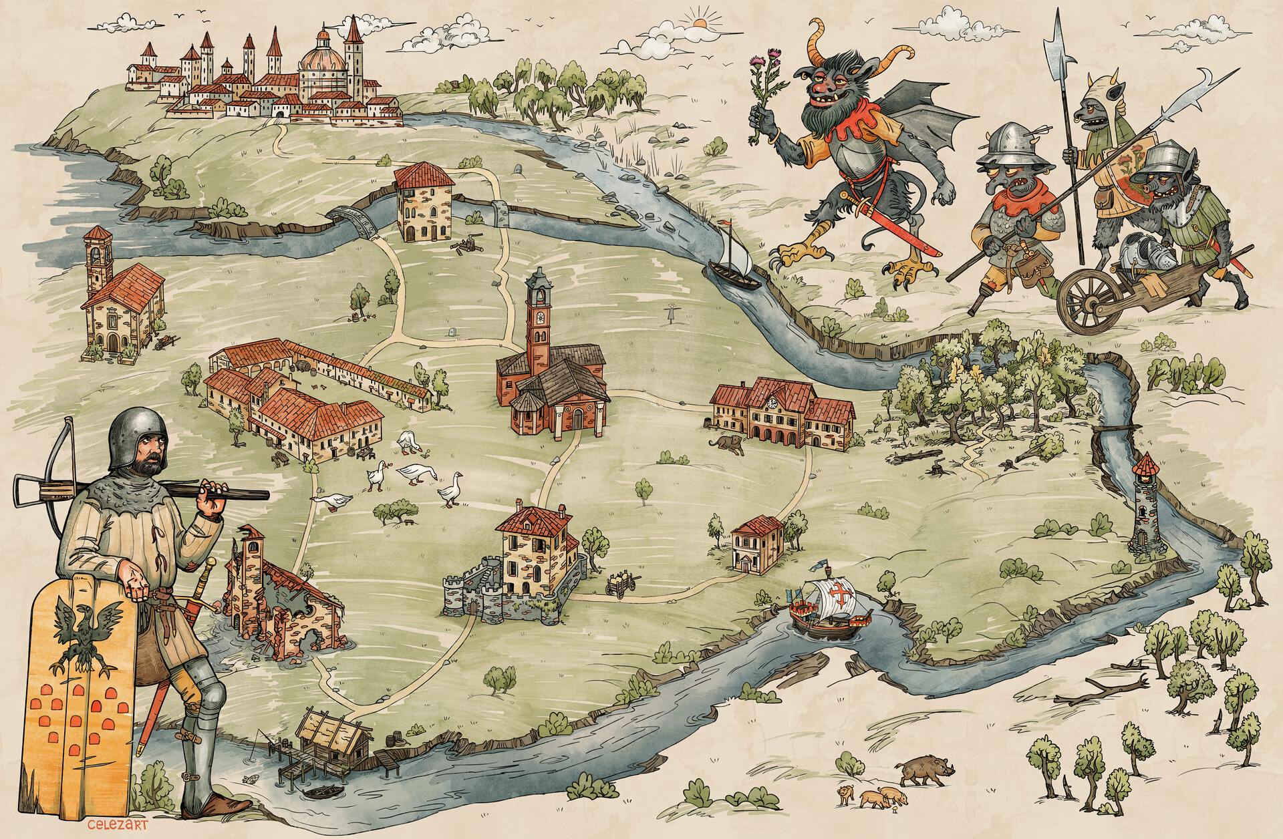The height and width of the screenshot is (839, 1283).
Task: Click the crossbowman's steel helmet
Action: pos(138,436)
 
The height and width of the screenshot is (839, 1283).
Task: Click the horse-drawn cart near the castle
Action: pos(621,583)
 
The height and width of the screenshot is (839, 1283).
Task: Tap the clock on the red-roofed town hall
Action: pos(772,403)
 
